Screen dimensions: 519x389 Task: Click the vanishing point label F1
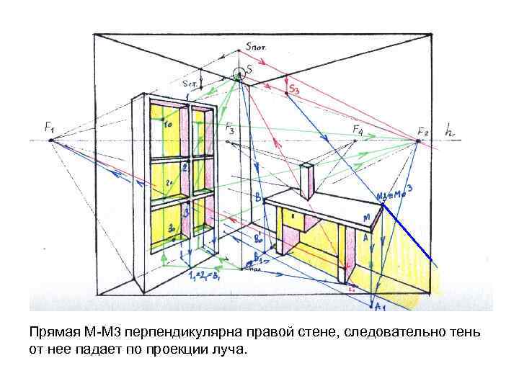coord(50,127)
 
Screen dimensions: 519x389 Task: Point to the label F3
coord(229,130)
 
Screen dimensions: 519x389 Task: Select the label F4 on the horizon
coord(358,129)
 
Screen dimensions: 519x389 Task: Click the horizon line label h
coord(451,131)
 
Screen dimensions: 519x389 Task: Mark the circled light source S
coord(239,73)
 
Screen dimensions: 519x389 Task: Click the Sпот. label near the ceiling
coord(256,46)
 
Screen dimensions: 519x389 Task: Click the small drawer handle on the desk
coord(293,214)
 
